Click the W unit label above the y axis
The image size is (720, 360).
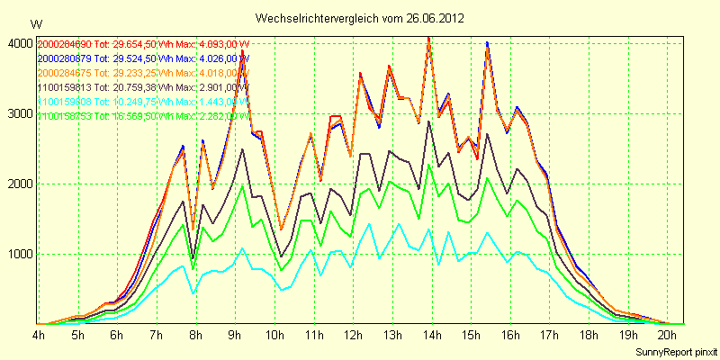coord(35,23)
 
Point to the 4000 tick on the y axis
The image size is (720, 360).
coord(19,43)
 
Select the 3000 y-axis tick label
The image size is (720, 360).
coord(19,113)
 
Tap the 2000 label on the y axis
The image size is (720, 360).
coord(19,184)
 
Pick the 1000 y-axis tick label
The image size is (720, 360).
coord(19,254)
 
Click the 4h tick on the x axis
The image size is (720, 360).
coord(39,335)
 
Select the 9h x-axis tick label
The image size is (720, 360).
coord(234,335)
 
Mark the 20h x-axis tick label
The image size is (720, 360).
coord(666,335)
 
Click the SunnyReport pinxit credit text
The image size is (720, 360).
coord(676,350)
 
